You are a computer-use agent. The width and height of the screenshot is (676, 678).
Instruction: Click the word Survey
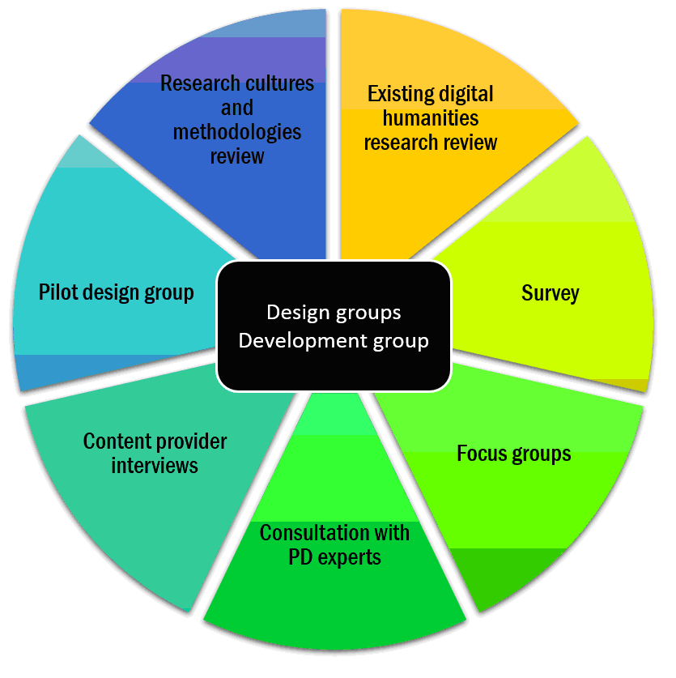(x=550, y=292)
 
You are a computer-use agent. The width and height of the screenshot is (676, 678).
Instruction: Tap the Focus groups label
(x=513, y=453)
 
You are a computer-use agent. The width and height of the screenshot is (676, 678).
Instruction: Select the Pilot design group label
(x=116, y=292)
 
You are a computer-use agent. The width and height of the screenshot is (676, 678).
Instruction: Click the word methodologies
(x=236, y=131)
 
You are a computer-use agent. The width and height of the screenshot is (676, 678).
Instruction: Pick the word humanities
(x=431, y=118)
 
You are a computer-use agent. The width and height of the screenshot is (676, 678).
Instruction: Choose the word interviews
(x=155, y=466)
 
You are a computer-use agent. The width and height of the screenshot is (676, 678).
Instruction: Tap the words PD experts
(x=334, y=557)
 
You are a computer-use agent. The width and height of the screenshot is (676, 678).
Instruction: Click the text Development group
(x=334, y=340)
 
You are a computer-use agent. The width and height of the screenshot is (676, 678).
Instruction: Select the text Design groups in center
(x=334, y=313)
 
